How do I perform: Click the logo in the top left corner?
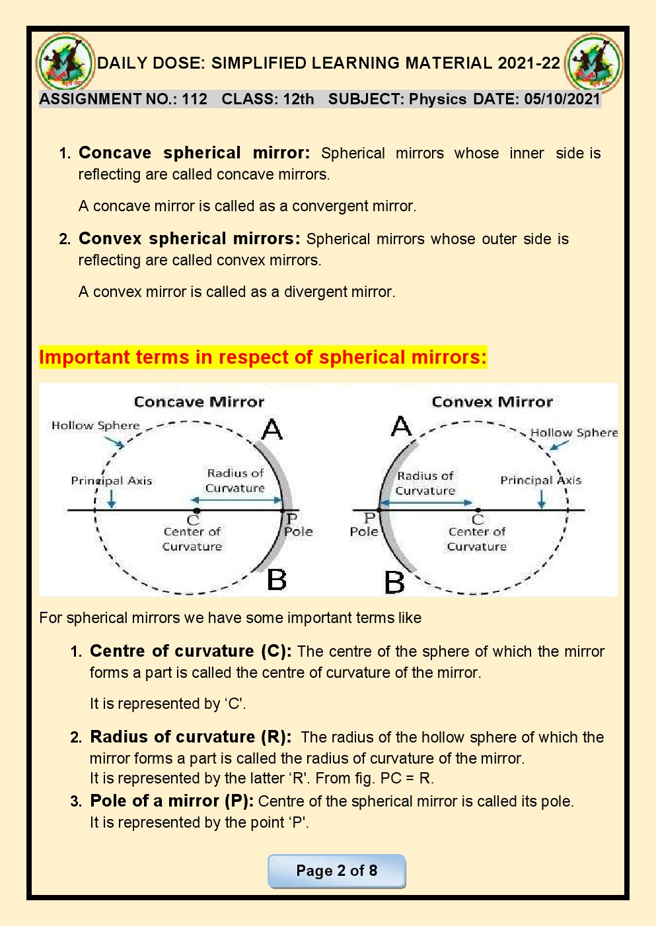[x=65, y=63]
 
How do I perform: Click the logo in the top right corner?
[x=594, y=63]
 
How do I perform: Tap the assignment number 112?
[x=194, y=100]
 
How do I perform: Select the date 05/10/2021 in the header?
[x=562, y=100]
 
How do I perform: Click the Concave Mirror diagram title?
[x=199, y=402]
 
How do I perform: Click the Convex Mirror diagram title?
[x=492, y=402]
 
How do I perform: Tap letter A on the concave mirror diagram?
[x=272, y=430]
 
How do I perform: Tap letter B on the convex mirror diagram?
[x=394, y=582]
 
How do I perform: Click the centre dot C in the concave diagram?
[x=196, y=511]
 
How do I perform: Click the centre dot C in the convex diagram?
[x=478, y=510]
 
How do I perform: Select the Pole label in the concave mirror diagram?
[x=299, y=532]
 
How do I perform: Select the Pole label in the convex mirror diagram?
[x=364, y=532]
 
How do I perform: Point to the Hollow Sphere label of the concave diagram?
[x=96, y=426]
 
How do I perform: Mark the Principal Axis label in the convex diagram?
[x=540, y=480]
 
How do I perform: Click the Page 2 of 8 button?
[x=336, y=871]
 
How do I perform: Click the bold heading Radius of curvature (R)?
[x=190, y=737]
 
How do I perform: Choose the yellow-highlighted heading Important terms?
[x=262, y=358]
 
